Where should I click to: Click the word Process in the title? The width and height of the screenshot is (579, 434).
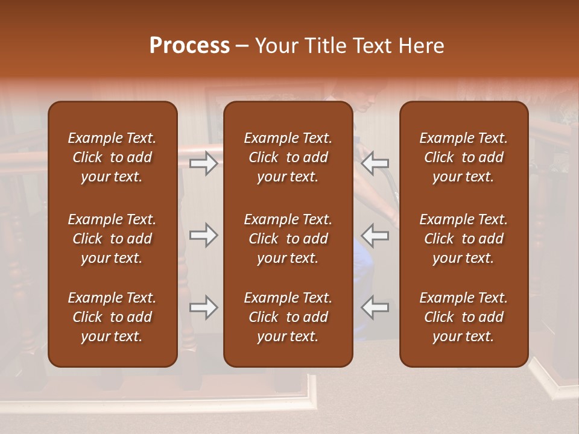click(189, 46)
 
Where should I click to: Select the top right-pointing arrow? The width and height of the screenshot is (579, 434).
click(204, 163)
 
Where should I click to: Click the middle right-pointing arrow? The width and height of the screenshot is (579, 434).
click(204, 235)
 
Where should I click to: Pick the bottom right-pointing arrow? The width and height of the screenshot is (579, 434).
click(204, 307)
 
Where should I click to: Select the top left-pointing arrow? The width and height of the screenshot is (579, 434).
click(375, 163)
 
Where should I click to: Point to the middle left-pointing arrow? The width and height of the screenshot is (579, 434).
click(375, 235)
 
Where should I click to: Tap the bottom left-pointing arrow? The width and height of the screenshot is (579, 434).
click(375, 307)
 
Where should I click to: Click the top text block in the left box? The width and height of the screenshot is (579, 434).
click(112, 157)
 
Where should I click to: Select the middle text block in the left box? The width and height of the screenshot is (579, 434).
click(112, 239)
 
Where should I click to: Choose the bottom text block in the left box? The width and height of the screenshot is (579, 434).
click(112, 317)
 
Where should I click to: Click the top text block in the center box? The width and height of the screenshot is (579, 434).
click(288, 157)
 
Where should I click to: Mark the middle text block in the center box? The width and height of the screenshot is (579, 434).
click(288, 239)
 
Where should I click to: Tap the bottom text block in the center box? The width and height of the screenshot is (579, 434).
click(288, 317)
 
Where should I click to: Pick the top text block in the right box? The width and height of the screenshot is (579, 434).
click(463, 157)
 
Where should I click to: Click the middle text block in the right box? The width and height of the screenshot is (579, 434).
click(463, 239)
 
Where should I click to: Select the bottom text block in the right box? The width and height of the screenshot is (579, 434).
click(463, 317)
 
